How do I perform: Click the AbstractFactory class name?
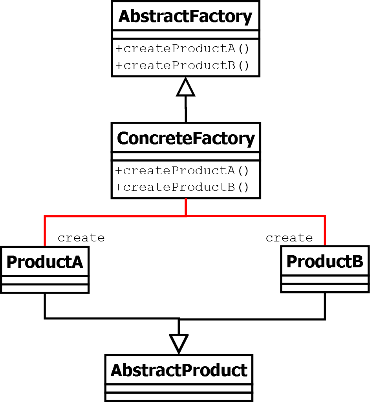185,16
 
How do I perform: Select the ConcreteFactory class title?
186,138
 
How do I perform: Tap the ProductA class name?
45,262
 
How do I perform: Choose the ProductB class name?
325,261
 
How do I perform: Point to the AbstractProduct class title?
179,370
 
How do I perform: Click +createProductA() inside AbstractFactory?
182,49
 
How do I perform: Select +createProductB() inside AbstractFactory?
182,65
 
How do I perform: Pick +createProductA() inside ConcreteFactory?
182,170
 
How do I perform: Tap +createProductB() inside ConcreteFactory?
182,187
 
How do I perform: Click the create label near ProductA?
81,238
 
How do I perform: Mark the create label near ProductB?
289,238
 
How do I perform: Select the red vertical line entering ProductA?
45,232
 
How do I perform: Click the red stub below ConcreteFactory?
186,207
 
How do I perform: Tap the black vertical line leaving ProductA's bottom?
45,305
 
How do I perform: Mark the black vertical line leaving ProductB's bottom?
325,305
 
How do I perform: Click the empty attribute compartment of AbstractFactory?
185,35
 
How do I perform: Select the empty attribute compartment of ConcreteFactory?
186,156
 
